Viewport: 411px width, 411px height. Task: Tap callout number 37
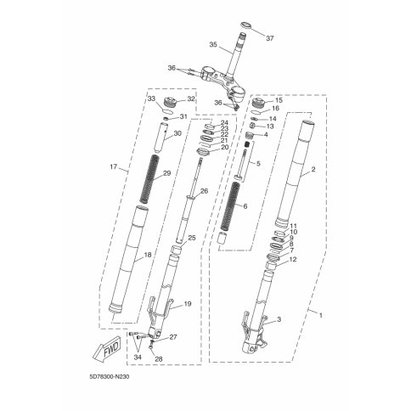(270, 38)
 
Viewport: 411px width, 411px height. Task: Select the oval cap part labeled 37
(246, 25)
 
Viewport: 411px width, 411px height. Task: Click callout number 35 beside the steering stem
(213, 44)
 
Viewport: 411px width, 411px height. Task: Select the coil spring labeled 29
(149, 179)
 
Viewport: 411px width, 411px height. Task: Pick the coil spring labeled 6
(229, 206)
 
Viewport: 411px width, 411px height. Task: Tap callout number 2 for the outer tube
(313, 170)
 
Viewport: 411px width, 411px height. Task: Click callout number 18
(148, 255)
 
